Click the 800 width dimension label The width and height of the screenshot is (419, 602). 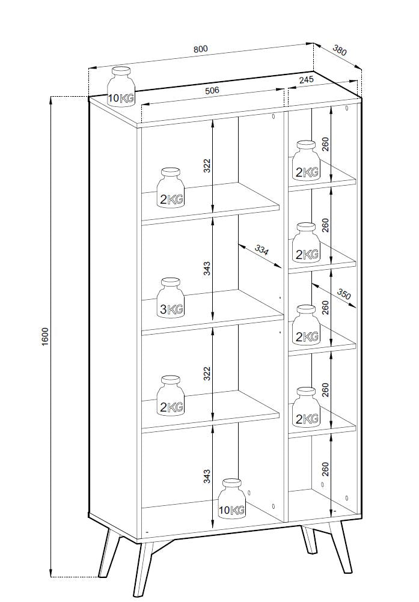coord(200,49)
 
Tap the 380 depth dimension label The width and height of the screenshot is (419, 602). coord(340,50)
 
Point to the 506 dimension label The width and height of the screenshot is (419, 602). coord(212,90)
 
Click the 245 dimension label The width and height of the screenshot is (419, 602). coord(307,80)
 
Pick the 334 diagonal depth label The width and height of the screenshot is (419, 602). coord(261,251)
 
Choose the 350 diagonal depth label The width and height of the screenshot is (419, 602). coord(344,294)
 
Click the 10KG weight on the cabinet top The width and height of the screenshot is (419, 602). coord(121,87)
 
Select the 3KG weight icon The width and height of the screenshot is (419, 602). coord(171,298)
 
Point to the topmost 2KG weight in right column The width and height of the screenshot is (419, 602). coord(306,160)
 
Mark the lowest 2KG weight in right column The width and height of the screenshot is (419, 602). coord(306,407)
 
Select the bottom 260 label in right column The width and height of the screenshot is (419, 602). coord(325,469)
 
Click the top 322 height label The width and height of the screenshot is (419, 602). coord(207,165)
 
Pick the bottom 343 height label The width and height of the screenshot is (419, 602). coord(207,476)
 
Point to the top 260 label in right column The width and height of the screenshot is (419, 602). coord(325,144)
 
